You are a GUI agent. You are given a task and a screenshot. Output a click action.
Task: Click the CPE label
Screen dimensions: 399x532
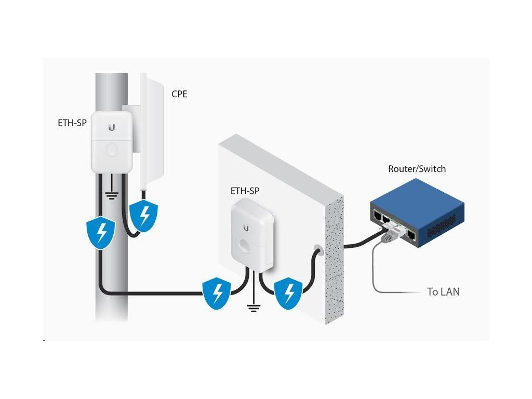pyautogui.click(x=179, y=95)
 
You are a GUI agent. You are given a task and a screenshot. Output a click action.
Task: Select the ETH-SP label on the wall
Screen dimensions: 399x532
pyautogui.click(x=245, y=191)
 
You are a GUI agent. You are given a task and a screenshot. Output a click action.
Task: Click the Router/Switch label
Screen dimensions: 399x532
pyautogui.click(x=417, y=169)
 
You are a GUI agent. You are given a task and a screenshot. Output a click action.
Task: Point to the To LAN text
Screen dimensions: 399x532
pyautogui.click(x=443, y=292)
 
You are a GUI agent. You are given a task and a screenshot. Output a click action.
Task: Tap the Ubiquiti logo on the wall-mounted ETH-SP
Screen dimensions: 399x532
pyautogui.click(x=246, y=227)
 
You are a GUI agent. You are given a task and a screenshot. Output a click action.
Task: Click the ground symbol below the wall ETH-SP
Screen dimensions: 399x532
pyautogui.click(x=254, y=309)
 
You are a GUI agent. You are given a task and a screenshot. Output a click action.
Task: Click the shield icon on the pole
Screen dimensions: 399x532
pyautogui.click(x=100, y=232)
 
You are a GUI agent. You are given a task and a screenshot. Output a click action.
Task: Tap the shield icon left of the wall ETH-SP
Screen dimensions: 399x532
pyautogui.click(x=216, y=293)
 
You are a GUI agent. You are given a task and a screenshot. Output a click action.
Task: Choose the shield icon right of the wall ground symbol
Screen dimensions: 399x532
pyautogui.click(x=287, y=293)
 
